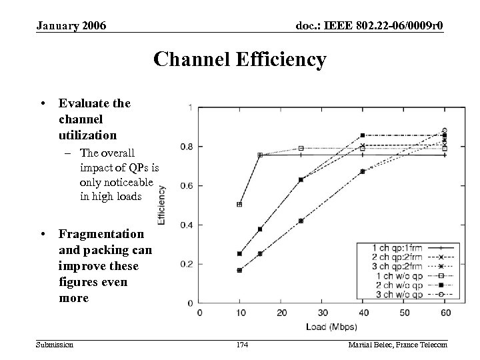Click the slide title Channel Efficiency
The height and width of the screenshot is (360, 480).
pyautogui.click(x=239, y=60)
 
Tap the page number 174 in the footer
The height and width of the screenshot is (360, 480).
pyautogui.click(x=242, y=344)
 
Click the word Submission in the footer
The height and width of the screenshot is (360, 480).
pyautogui.click(x=55, y=344)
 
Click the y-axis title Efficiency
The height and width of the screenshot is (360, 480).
pyautogui.click(x=162, y=204)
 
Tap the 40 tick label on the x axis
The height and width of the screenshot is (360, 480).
pyautogui.click(x=363, y=313)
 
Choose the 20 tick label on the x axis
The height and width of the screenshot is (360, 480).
pyautogui.click(x=281, y=313)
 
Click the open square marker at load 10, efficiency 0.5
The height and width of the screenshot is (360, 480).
pyautogui.click(x=239, y=205)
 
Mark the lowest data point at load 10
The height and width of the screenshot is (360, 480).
pyautogui.click(x=239, y=270)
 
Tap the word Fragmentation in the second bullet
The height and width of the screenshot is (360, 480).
pyautogui.click(x=101, y=234)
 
